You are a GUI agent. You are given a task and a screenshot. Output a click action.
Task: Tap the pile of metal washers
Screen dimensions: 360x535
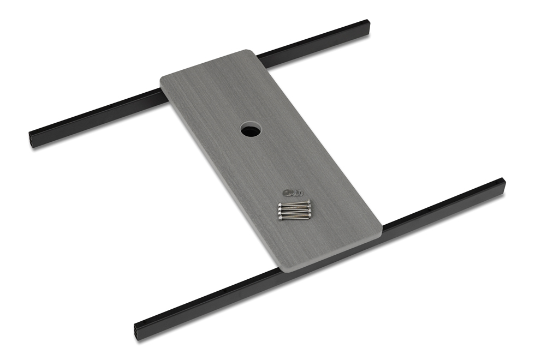[x=293, y=192]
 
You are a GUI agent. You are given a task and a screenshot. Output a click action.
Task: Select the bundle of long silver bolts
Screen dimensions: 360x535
[x=295, y=211]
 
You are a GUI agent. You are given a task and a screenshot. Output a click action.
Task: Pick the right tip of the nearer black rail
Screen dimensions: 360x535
[x=502, y=182]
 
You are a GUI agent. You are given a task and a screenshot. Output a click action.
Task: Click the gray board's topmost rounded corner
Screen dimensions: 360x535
[x=248, y=52]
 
